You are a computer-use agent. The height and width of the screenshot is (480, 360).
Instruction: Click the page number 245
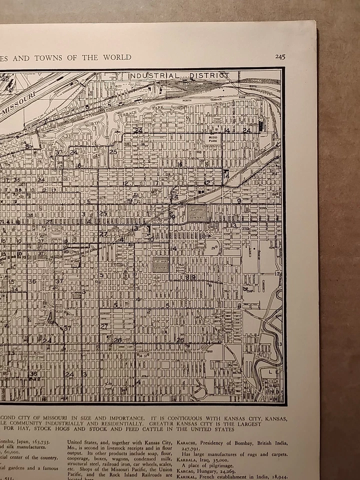pos(280,57)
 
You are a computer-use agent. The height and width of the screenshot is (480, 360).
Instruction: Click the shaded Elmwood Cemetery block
pos(197,212)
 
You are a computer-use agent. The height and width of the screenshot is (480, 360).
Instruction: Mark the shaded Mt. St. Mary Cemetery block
pos(160,264)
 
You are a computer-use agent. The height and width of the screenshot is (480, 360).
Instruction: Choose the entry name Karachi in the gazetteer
pos(187,442)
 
